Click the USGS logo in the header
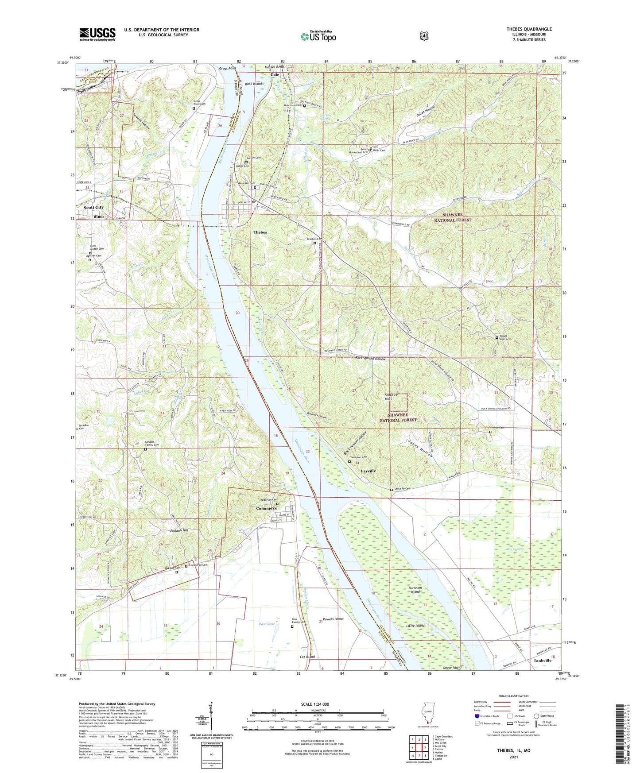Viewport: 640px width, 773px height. click(97, 34)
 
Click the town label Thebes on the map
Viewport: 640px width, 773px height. click(260, 232)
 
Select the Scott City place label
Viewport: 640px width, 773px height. click(93, 207)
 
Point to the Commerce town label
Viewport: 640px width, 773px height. click(267, 508)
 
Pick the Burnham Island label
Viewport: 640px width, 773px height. click(415, 590)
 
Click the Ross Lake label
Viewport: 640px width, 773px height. click(267, 623)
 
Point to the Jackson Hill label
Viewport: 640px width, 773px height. click(179, 530)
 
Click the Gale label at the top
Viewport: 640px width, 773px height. click(275, 75)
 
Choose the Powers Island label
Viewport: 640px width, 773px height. click(334, 619)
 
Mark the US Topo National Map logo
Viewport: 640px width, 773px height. click(318, 36)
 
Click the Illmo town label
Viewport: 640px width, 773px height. click(98, 216)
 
